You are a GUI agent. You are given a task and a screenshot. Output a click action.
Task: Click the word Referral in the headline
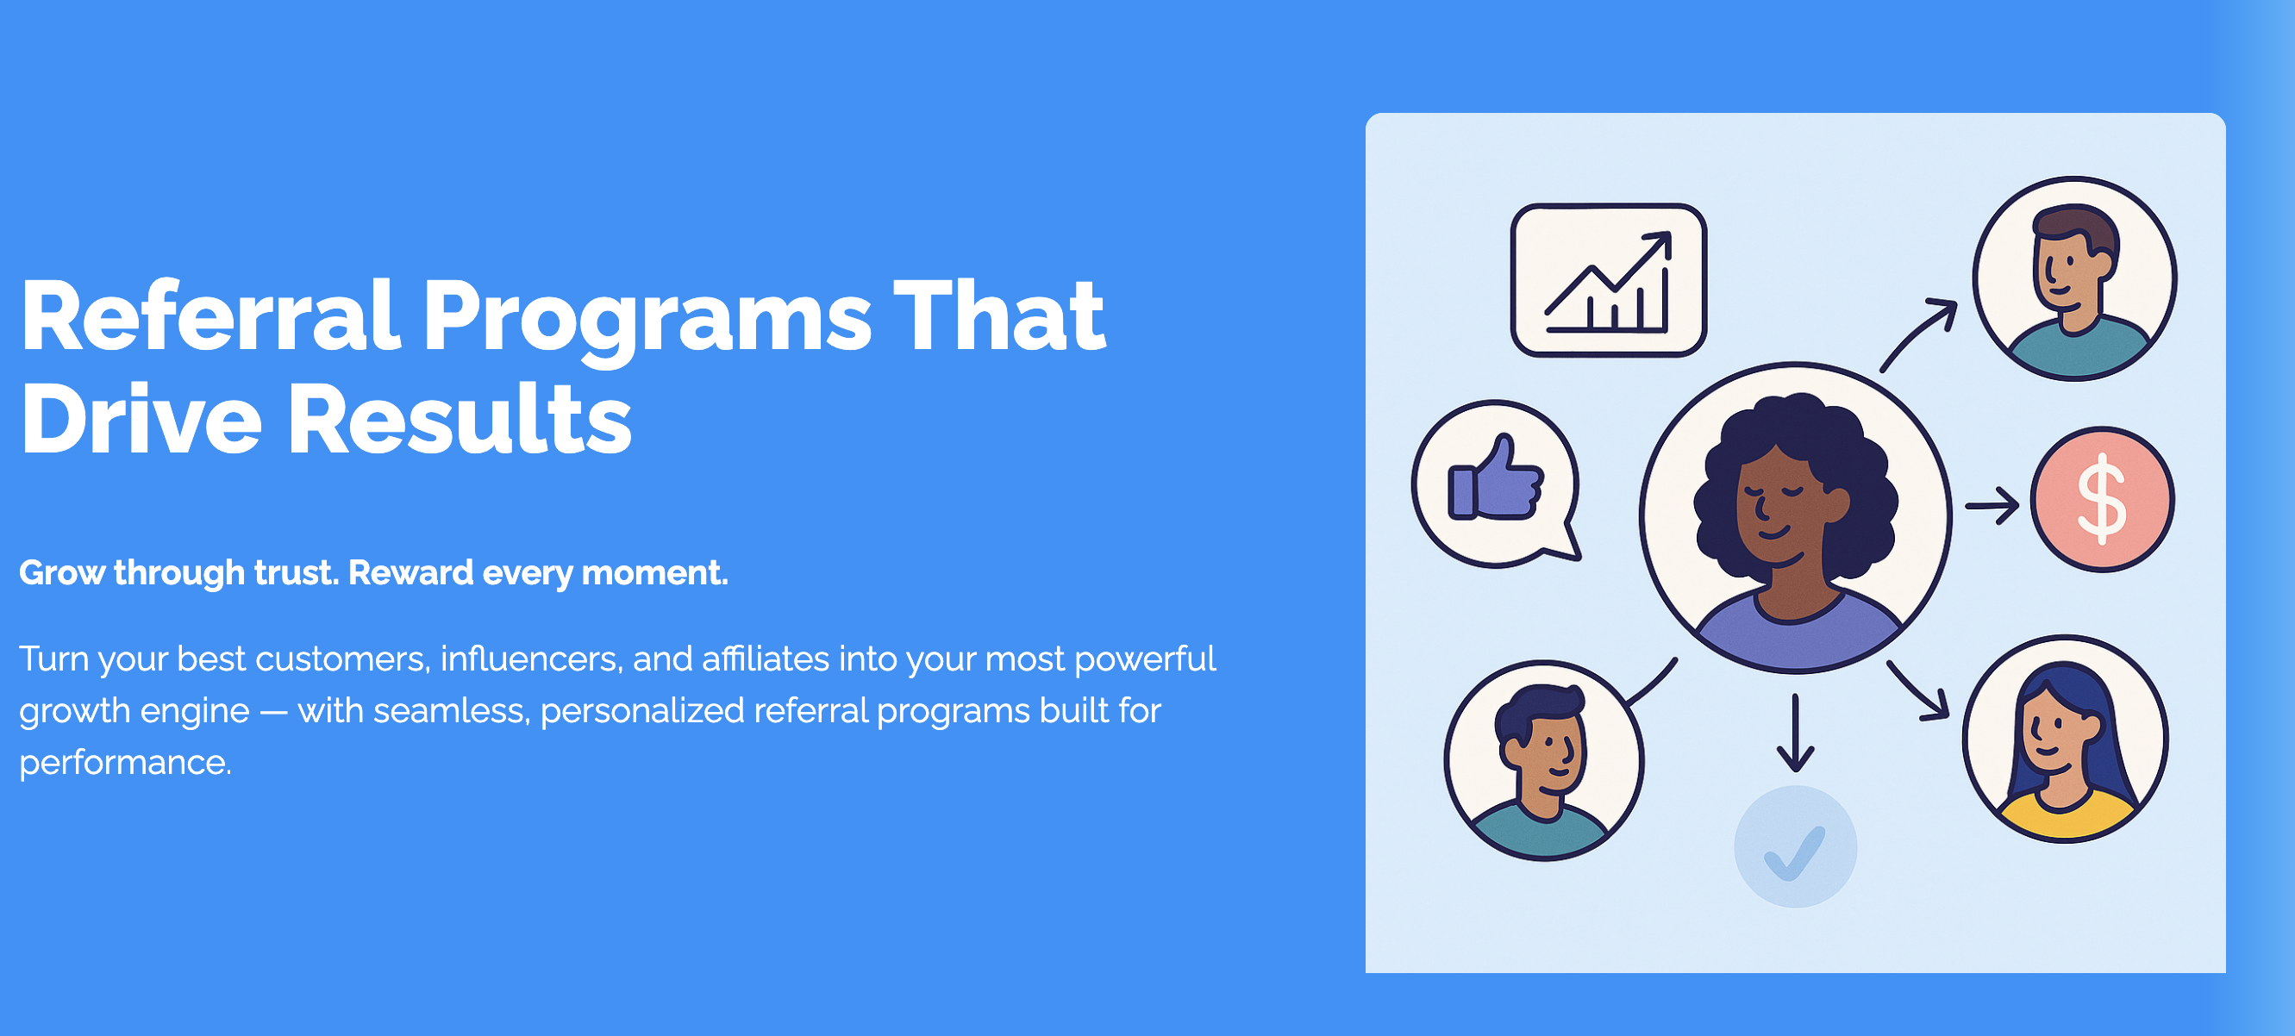[210, 315]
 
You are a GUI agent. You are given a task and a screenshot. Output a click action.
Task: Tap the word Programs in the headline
[647, 321]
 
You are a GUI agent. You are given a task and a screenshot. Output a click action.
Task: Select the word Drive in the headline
[141, 418]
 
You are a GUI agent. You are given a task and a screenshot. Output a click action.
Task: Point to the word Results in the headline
[460, 418]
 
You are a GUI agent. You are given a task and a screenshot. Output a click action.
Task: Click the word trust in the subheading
[296, 572]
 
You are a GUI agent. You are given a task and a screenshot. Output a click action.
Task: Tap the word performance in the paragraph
[126, 764]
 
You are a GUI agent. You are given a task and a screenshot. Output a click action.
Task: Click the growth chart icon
[1608, 280]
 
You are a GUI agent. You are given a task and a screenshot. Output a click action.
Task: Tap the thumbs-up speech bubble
[1496, 484]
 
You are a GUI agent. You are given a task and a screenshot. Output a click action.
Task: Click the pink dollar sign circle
[2102, 499]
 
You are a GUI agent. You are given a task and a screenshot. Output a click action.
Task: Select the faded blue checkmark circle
[1795, 846]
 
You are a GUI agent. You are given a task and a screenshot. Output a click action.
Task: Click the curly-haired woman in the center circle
[1795, 516]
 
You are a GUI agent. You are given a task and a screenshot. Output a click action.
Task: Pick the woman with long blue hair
[2064, 739]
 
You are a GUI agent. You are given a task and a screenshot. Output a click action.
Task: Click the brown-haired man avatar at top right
[2074, 278]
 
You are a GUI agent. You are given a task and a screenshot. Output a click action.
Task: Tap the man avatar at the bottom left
[1544, 760]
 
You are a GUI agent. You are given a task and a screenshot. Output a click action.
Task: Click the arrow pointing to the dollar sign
[1992, 505]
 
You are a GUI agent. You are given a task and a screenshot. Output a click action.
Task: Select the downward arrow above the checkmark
[1795, 733]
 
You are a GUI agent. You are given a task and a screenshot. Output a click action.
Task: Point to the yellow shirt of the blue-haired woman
[2065, 816]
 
